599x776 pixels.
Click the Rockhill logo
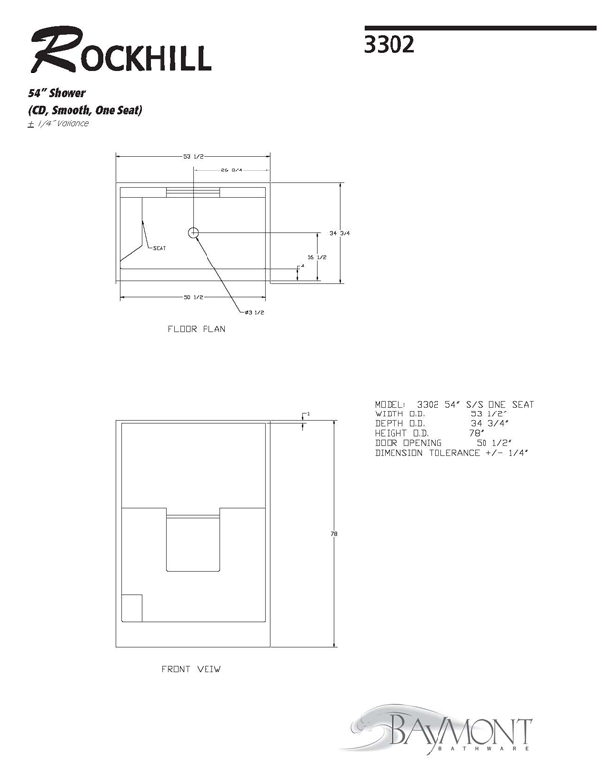tap(121, 50)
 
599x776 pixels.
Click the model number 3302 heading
tap(389, 44)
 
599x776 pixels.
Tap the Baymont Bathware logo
tap(438, 730)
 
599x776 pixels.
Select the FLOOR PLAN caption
tap(197, 329)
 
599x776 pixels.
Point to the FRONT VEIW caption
tap(191, 669)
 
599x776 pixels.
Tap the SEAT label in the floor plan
tap(160, 248)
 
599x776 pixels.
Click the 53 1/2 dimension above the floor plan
tap(193, 157)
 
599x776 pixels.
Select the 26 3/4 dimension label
tap(231, 170)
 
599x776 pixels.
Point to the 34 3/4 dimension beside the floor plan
tap(340, 233)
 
